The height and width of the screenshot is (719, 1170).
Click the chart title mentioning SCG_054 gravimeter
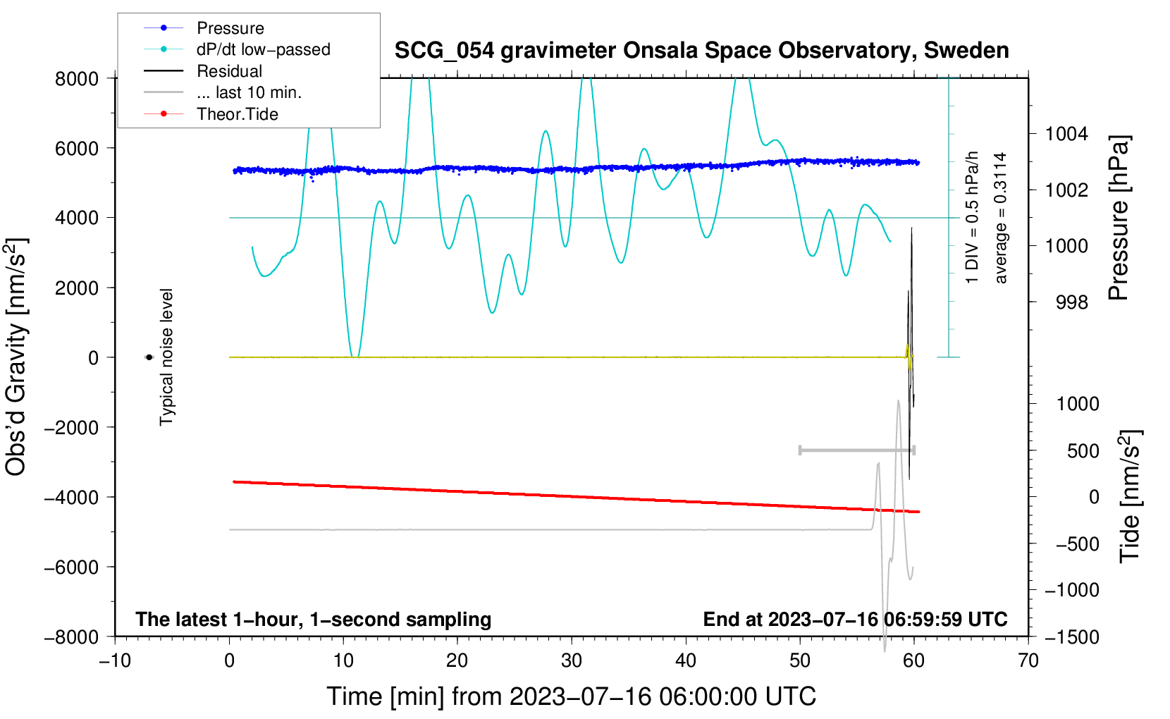(x=701, y=51)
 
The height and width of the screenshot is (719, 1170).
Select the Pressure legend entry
(x=204, y=27)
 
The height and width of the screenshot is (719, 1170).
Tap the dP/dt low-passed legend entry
(x=237, y=49)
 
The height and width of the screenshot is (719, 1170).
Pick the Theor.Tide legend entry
(x=211, y=114)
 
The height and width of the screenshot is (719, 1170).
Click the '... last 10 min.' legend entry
(x=223, y=92)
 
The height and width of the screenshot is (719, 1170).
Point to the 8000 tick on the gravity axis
(x=77, y=79)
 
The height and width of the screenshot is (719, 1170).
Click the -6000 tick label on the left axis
(x=71, y=567)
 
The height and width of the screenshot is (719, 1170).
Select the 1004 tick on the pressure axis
(x=1066, y=135)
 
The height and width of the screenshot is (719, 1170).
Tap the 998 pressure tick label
(x=1072, y=302)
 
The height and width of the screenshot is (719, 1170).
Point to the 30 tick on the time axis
(x=572, y=660)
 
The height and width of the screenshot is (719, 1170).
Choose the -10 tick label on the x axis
(x=115, y=660)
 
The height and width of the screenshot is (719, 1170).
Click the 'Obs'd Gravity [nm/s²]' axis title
(x=17, y=357)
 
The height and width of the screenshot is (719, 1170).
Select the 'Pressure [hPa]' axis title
(x=1119, y=218)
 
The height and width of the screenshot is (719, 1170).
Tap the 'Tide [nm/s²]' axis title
(x=1131, y=496)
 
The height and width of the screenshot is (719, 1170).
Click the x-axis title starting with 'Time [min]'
(x=572, y=696)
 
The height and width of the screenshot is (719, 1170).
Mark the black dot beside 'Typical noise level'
(x=149, y=357)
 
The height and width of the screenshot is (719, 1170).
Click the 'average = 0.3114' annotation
(x=1000, y=218)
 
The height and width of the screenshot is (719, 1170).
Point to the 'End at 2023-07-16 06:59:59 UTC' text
(x=855, y=619)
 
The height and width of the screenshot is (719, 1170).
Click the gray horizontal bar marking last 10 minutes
(x=857, y=450)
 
